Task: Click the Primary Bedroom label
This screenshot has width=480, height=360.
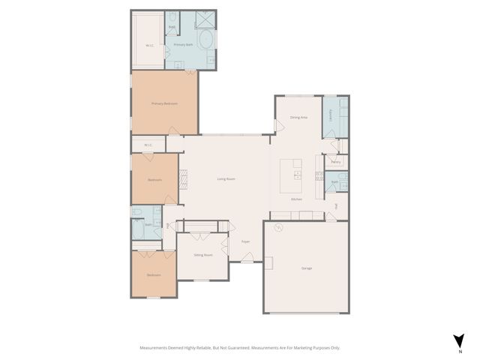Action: [x=164, y=103]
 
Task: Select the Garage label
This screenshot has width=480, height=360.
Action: [x=306, y=268]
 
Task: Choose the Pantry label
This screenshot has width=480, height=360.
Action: [x=335, y=161]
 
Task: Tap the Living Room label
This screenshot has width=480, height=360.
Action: [x=226, y=178]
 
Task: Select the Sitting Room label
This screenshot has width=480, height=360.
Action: [x=202, y=255]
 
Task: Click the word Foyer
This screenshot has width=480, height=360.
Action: [x=245, y=241]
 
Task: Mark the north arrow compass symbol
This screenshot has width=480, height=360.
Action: [x=458, y=341]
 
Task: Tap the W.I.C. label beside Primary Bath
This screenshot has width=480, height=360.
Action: [x=149, y=46]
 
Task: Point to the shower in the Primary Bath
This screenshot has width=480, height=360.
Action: [x=205, y=19]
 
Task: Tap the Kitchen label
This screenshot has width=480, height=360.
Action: [x=296, y=199]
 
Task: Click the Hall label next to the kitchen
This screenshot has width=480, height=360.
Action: [x=337, y=205]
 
